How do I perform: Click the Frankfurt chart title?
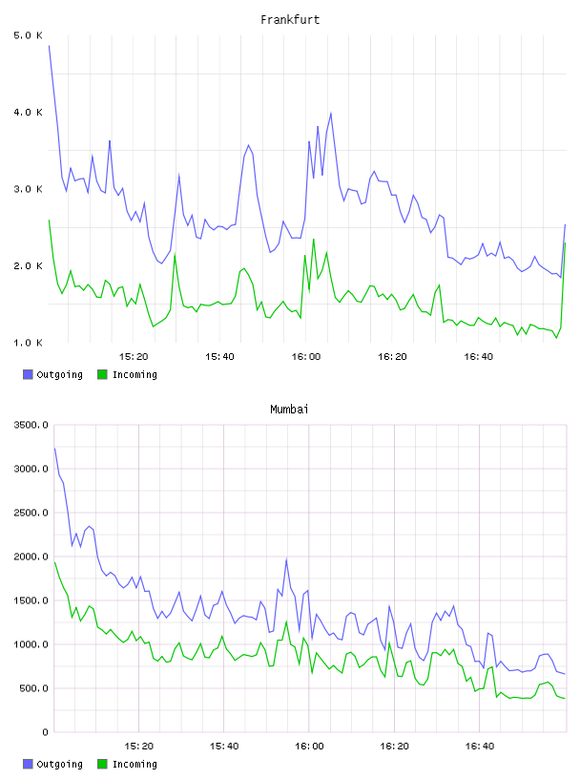click(x=290, y=20)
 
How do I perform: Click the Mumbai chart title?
click(x=289, y=410)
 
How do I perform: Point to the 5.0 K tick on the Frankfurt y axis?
click(x=29, y=35)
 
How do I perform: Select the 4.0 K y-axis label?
click(x=29, y=113)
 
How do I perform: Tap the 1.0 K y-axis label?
click(x=29, y=343)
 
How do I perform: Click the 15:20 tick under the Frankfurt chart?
click(x=134, y=357)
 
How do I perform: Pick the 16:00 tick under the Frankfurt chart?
click(x=306, y=357)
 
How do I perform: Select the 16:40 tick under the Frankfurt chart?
click(x=479, y=357)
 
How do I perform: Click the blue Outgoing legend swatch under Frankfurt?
click(x=28, y=374)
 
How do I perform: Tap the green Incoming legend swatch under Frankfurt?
click(x=102, y=374)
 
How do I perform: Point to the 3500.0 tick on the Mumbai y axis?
click(x=31, y=425)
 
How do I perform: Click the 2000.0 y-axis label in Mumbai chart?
click(x=31, y=557)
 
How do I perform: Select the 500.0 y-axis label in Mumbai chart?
click(x=33, y=688)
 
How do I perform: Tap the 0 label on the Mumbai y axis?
click(x=45, y=732)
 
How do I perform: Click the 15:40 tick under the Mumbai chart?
click(x=224, y=747)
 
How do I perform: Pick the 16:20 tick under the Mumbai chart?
click(x=394, y=747)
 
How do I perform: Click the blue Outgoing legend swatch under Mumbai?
click(x=28, y=764)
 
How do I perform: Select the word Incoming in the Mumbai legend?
click(x=135, y=765)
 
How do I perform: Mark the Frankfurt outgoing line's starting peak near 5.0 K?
click(x=50, y=46)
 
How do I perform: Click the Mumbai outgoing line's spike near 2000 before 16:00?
click(x=286, y=559)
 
